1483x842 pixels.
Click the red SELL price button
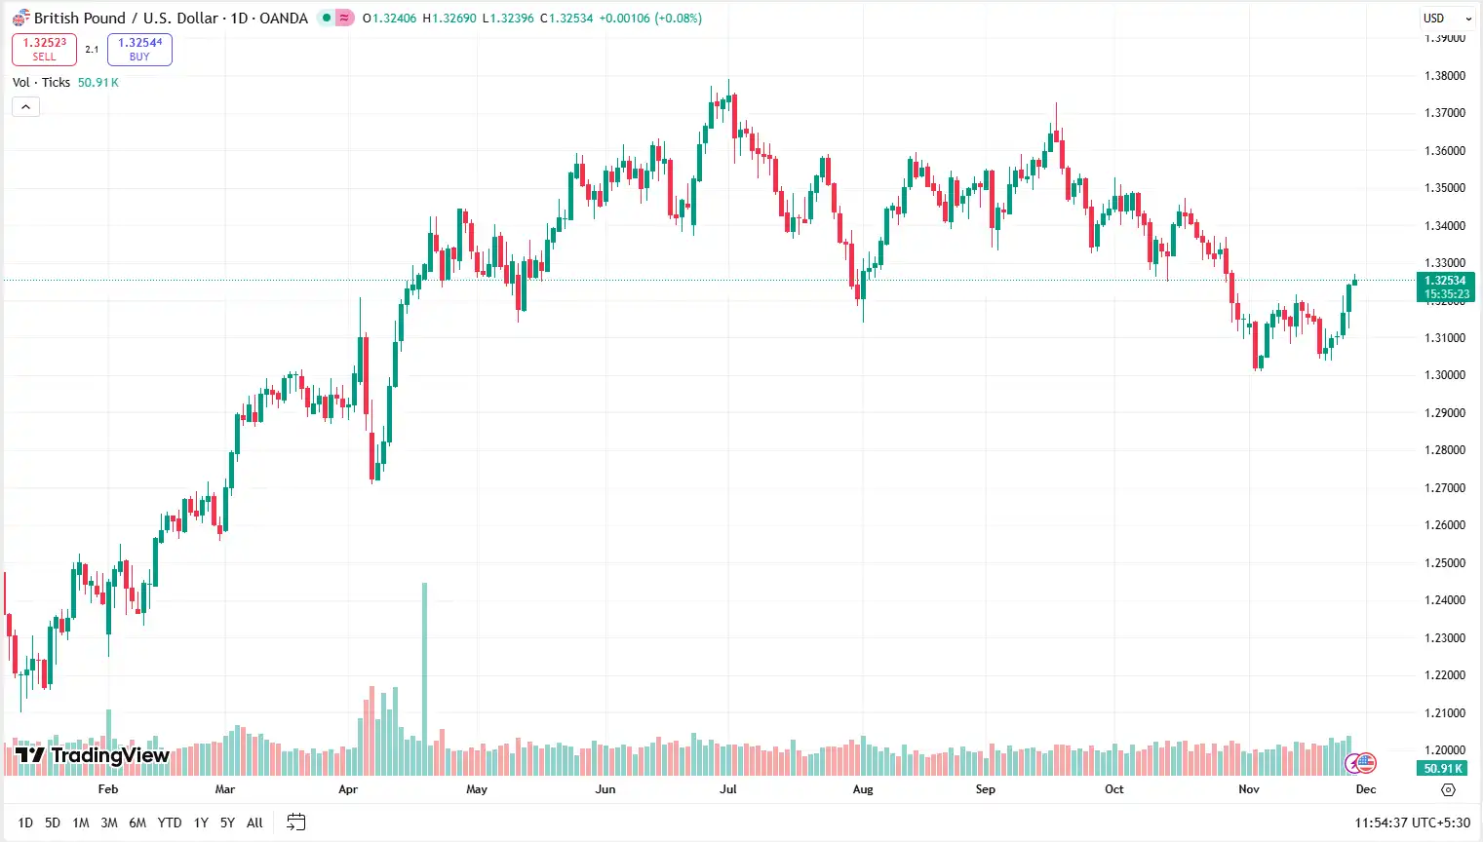point(44,49)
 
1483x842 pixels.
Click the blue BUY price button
point(139,49)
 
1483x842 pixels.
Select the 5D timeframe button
point(53,823)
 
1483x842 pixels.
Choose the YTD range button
point(170,823)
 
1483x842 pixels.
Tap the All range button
point(254,823)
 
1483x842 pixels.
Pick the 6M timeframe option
point(137,823)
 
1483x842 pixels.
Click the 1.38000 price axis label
point(1445,76)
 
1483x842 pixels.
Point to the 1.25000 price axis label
point(1445,563)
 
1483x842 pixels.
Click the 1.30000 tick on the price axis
point(1445,375)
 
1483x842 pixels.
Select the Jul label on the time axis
point(728,789)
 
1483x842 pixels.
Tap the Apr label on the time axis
point(348,789)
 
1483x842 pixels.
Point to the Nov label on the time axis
point(1249,789)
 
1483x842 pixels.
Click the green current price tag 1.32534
point(1445,287)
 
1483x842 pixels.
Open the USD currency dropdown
point(1445,19)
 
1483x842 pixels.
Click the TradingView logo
point(93,755)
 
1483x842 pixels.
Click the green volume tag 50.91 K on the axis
point(1443,768)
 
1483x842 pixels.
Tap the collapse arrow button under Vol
point(25,106)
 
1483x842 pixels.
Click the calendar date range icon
point(295,823)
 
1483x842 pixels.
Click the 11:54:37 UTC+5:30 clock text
point(1412,823)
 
